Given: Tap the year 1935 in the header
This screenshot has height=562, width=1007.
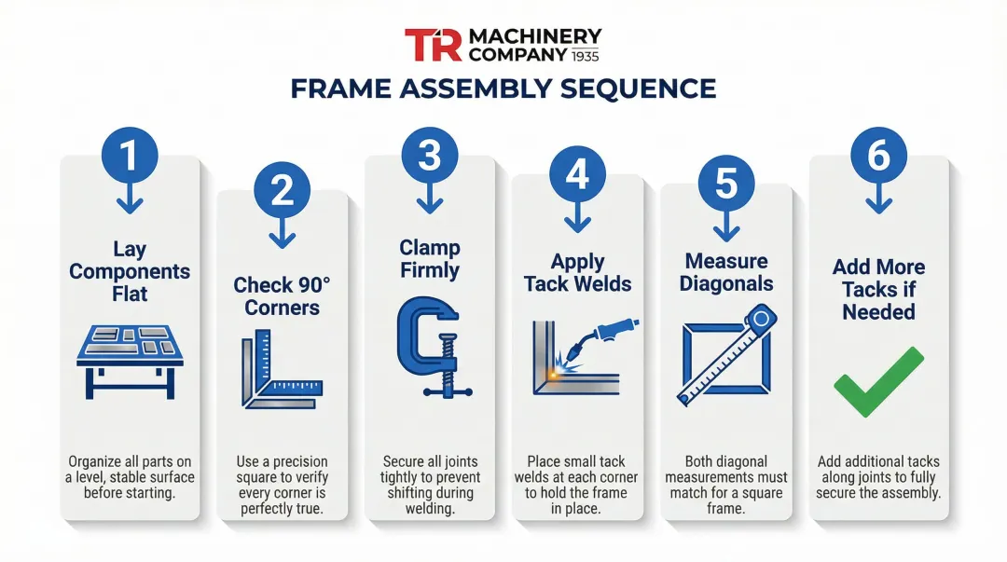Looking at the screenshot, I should point(585,55).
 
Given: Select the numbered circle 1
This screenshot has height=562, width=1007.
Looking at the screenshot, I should point(129,154).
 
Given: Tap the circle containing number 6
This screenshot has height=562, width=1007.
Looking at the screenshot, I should point(878,156).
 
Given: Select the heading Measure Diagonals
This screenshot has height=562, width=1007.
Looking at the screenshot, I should point(726,272).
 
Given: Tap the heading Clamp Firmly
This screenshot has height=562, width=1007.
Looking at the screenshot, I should point(430,259).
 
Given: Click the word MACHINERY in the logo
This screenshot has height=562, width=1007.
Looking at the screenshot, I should point(534,35).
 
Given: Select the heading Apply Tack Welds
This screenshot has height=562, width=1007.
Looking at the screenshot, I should point(577,273).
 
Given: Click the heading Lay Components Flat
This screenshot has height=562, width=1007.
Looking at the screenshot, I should point(130,271).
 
